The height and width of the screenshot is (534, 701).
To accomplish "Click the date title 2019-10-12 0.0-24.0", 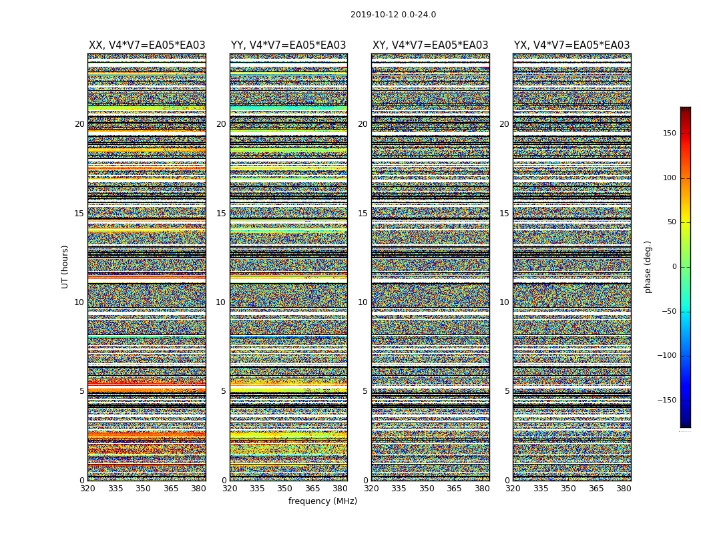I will [x=393, y=15].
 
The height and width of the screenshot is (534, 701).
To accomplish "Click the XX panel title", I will [x=147, y=45].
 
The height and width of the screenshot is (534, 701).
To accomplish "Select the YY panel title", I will [x=288, y=45].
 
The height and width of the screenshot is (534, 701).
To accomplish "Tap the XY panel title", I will [x=430, y=45].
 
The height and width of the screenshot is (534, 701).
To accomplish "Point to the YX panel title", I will [x=571, y=45].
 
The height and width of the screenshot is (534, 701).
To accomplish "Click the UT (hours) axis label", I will [x=65, y=266].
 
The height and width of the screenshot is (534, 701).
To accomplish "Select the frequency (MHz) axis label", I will [x=322, y=501].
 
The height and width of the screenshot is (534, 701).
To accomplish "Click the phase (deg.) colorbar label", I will [x=648, y=267].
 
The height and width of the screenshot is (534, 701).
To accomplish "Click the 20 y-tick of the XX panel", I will [x=79, y=124].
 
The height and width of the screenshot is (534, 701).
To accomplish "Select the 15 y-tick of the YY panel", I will [x=221, y=214].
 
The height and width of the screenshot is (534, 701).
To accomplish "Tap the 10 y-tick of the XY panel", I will [x=363, y=302].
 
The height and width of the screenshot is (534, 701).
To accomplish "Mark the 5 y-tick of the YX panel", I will [x=507, y=392].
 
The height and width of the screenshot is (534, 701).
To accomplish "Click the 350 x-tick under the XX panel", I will [x=143, y=489].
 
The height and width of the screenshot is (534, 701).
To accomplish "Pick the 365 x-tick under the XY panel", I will [x=454, y=489].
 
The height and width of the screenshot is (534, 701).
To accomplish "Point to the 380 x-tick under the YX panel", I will [x=624, y=489].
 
